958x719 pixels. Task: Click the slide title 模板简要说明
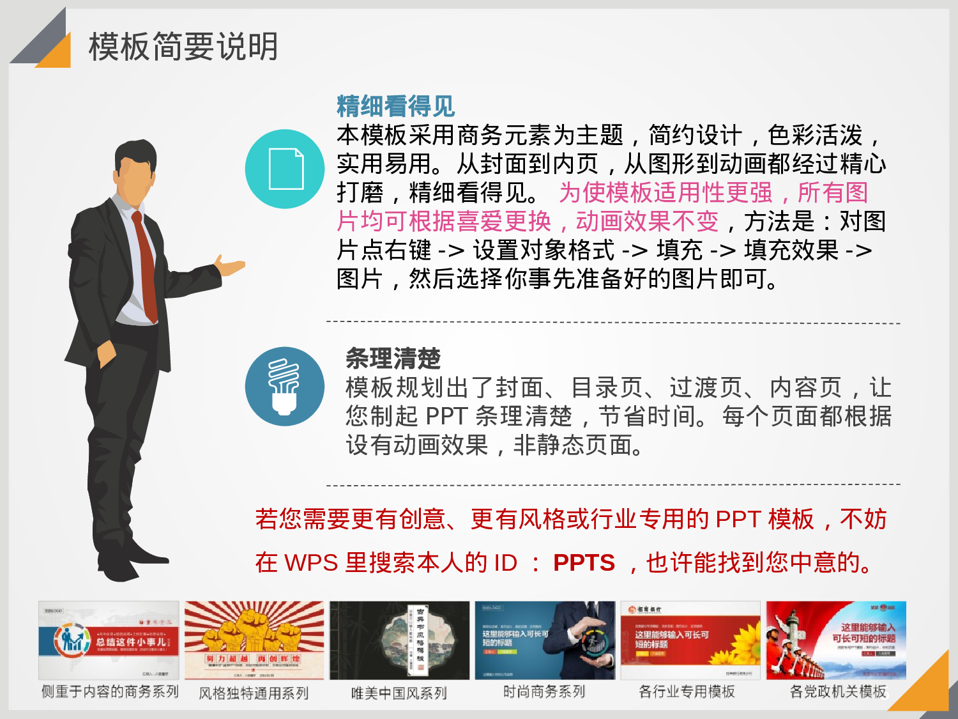(x=183, y=47)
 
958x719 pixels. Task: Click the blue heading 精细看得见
(x=395, y=106)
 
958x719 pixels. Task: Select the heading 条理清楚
(x=393, y=359)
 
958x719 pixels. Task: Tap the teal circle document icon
(x=285, y=169)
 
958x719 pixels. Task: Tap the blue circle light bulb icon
(x=285, y=387)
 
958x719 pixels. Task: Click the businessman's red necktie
(x=146, y=262)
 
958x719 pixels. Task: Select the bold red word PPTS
(x=584, y=562)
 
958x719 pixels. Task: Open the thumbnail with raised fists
(x=254, y=640)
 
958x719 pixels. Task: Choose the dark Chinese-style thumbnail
(x=399, y=640)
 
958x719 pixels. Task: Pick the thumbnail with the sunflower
(x=690, y=640)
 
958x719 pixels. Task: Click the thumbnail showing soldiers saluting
(x=836, y=640)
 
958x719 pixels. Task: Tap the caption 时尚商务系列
(x=544, y=692)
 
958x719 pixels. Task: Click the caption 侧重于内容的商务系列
(x=110, y=692)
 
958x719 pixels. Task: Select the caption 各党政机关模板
(x=838, y=692)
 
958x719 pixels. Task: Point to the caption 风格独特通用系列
(x=254, y=693)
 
